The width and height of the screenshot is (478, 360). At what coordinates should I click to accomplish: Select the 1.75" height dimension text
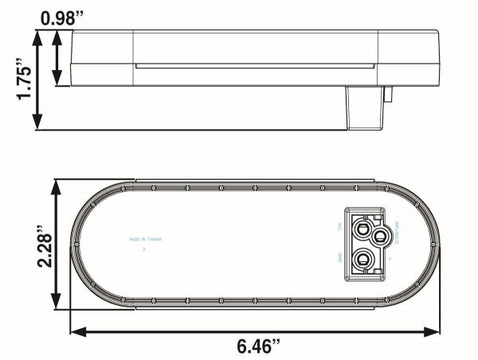[x=24, y=80]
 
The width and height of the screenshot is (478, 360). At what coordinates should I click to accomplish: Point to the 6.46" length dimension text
[x=257, y=346]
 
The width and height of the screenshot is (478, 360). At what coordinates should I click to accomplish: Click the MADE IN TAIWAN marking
[x=146, y=239]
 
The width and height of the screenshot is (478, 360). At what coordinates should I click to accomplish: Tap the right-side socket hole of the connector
[x=380, y=236]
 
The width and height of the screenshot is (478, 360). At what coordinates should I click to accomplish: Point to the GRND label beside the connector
[x=339, y=258]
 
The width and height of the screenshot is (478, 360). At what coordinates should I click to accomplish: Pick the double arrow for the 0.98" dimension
[x=57, y=58]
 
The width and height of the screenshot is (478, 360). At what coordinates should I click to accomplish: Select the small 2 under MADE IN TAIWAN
[x=144, y=249]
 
